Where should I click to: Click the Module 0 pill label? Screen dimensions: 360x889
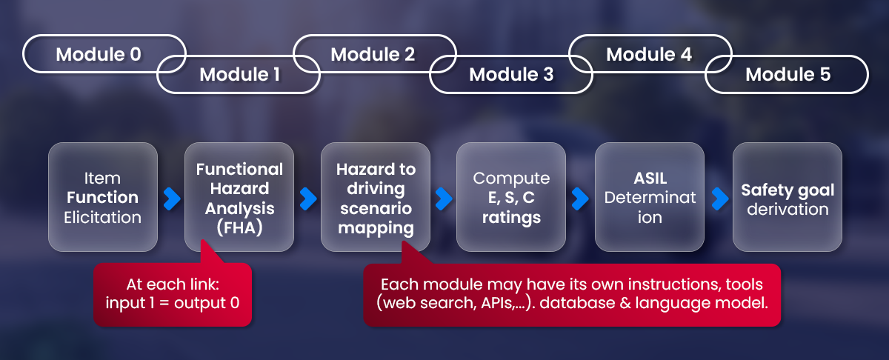(99, 54)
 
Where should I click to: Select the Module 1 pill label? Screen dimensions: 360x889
(239, 74)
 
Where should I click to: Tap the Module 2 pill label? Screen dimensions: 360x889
(373, 54)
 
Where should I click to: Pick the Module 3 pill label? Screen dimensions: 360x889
(511, 74)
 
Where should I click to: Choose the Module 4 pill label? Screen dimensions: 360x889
(649, 54)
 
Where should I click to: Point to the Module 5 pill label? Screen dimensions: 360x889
(788, 74)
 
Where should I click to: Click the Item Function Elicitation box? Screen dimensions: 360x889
(102, 197)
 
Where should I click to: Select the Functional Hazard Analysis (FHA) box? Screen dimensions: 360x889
(239, 197)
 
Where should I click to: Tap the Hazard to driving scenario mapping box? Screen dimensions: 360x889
(376, 197)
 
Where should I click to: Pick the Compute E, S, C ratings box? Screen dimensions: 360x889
(511, 197)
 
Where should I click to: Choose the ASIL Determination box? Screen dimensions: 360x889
(649, 197)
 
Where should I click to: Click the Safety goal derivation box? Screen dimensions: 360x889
(788, 197)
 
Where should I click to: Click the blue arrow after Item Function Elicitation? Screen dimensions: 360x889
(171, 198)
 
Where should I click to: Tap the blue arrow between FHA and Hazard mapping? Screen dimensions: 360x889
(307, 198)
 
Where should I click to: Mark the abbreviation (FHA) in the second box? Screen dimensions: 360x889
(239, 227)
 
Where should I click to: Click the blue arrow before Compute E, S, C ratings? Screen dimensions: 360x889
(444, 198)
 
